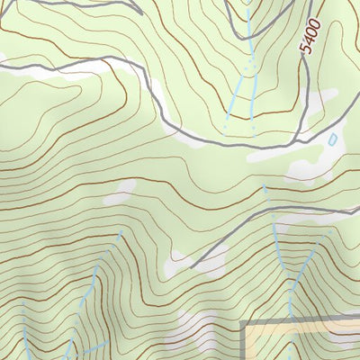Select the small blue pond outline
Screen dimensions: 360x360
(x=332, y=139)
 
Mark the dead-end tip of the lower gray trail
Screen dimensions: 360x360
(x=193, y=268)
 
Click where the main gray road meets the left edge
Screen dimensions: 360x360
(x=2, y=65)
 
